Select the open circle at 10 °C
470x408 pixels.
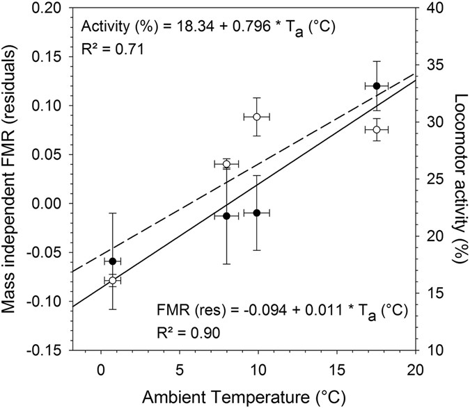257,117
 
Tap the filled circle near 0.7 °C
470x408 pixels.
112,261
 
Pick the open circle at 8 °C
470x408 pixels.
226,164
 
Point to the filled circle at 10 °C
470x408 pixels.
257,213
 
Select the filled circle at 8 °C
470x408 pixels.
226,216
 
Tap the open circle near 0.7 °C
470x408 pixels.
112,280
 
